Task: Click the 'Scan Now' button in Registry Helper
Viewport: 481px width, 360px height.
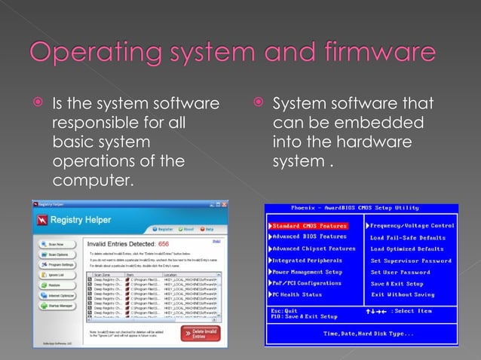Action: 57,244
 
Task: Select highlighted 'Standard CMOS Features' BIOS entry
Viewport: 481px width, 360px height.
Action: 309,225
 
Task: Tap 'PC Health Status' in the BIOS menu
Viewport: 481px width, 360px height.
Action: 297,294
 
